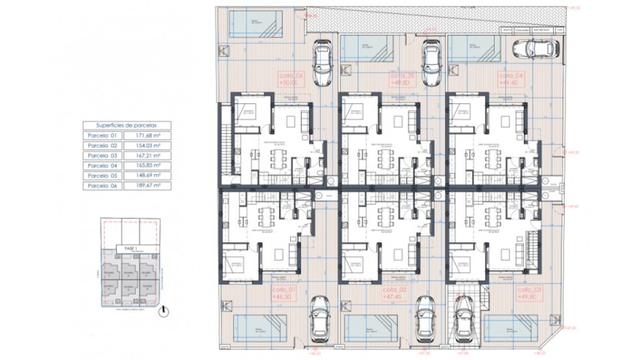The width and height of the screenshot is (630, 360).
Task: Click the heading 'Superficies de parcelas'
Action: coord(127,125)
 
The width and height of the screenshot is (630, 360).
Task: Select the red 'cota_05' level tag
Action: coord(402,80)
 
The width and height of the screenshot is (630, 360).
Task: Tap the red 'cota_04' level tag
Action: coord(511,80)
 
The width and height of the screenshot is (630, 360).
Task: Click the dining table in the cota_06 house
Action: coord(278,158)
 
